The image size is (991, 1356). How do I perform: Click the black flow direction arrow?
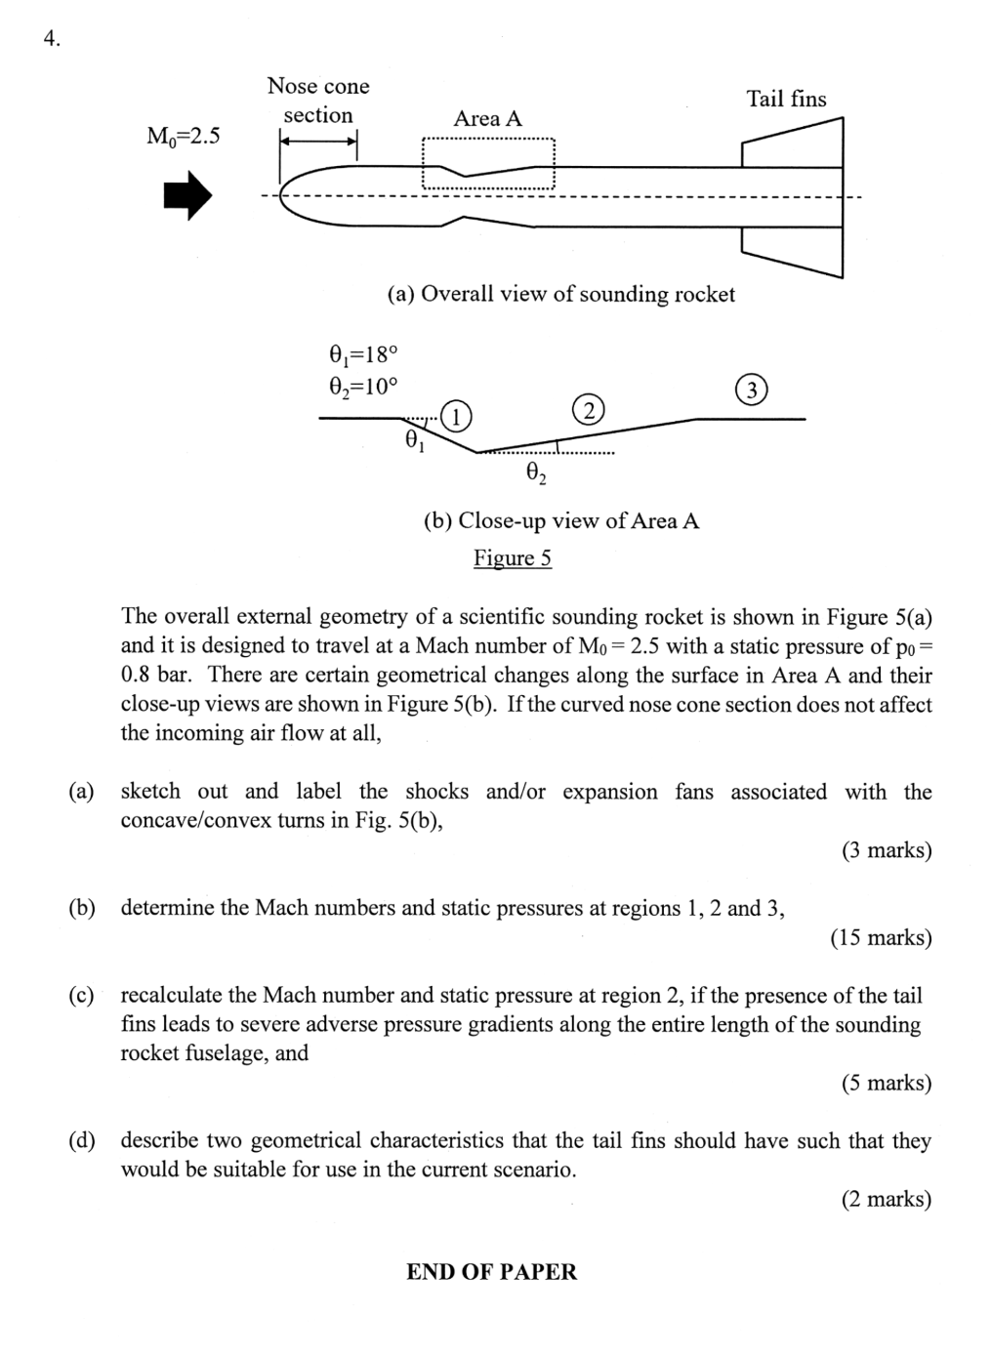tap(186, 195)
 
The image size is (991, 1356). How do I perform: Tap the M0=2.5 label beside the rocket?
tap(184, 136)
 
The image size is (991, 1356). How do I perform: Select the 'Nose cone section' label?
tap(318, 101)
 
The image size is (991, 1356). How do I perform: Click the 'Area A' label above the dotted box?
tap(487, 119)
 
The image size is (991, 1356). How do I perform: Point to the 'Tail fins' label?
tap(786, 100)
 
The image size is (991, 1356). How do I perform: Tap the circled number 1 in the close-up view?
tap(456, 416)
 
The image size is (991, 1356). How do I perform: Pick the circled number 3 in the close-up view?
tap(750, 390)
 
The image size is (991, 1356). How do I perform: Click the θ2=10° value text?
tap(363, 387)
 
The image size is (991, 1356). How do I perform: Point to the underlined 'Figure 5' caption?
tap(513, 558)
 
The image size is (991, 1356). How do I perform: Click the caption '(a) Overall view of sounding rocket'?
tap(560, 295)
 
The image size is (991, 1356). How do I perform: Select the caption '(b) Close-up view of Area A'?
tap(560, 521)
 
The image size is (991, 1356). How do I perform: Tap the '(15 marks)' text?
tap(881, 938)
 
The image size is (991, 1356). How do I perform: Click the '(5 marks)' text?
tap(886, 1083)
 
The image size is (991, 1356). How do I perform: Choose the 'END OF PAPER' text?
tap(491, 1272)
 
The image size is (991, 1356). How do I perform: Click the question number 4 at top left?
tap(52, 39)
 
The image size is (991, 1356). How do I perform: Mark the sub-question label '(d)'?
tap(82, 1141)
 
